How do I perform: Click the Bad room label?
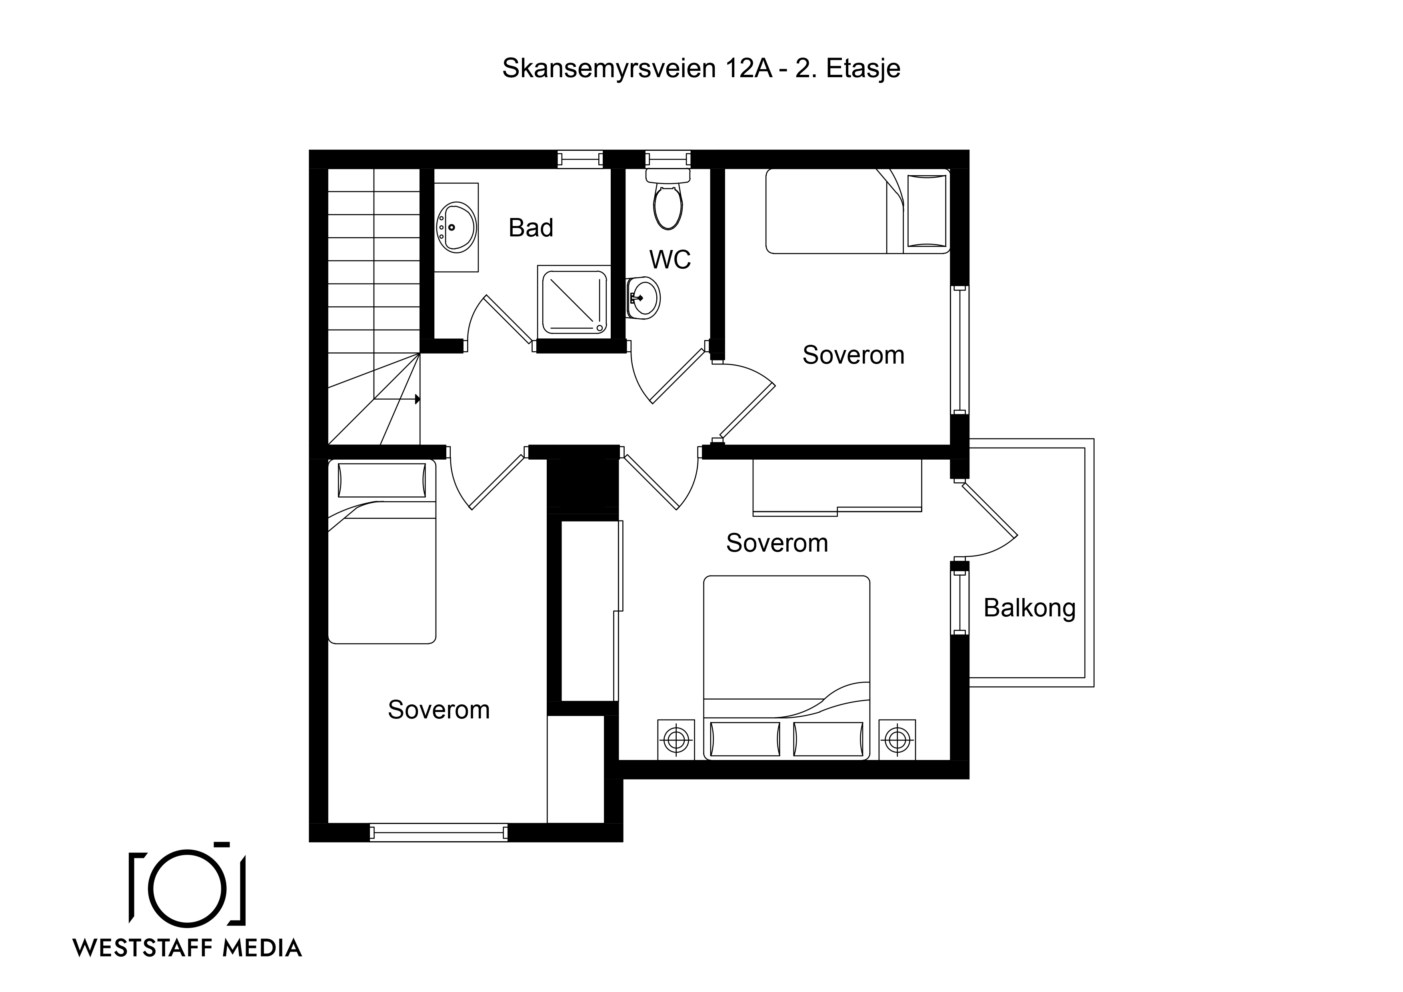(x=530, y=228)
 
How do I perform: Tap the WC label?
(x=670, y=260)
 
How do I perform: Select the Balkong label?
(x=1029, y=608)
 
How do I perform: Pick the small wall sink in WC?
(x=643, y=298)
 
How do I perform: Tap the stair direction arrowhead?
(x=418, y=399)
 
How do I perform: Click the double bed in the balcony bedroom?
(x=786, y=668)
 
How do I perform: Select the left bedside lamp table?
(x=676, y=740)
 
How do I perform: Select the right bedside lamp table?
(x=897, y=740)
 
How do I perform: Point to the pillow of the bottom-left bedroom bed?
(x=382, y=480)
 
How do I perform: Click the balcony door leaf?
(x=990, y=510)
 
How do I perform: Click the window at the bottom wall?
(x=439, y=832)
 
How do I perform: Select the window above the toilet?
(x=668, y=159)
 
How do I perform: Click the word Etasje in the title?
(x=863, y=69)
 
